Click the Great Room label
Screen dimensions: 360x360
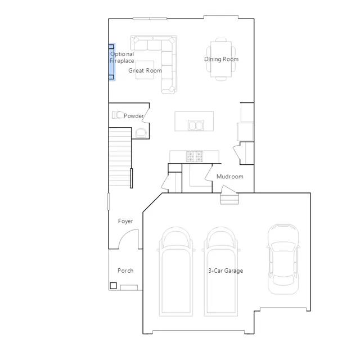pos(145,70)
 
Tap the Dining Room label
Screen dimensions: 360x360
pos(221,59)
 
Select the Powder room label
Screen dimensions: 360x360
pos(134,116)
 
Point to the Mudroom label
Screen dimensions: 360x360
pos(230,177)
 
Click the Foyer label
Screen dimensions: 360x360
pos(125,221)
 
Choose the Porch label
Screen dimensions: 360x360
pos(125,271)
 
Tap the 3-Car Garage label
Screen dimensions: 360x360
pos(226,271)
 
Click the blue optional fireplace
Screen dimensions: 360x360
pos(111,62)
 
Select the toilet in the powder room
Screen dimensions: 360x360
pos(117,115)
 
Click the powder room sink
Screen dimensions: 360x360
pos(141,133)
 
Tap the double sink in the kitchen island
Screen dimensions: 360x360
pos(196,125)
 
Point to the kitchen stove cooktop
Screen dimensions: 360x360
pos(195,156)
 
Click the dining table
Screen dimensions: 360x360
pos(221,59)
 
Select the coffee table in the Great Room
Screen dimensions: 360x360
pos(145,70)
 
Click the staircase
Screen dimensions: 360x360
pos(120,156)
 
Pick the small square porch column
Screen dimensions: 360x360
pos(113,286)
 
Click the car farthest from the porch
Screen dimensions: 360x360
pos(283,259)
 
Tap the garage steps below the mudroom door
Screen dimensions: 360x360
pos(229,199)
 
